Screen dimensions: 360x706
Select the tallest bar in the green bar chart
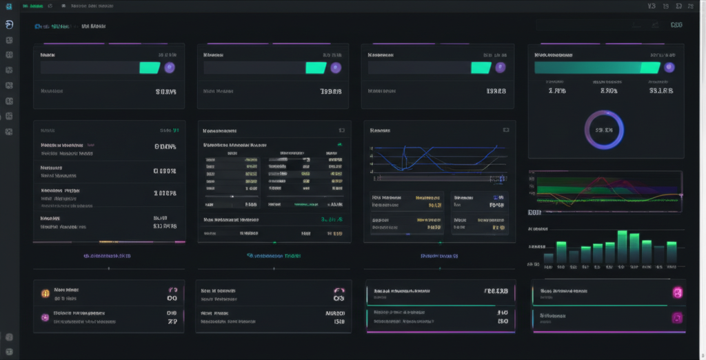(x=622, y=247)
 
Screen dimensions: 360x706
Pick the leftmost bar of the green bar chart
(x=549, y=258)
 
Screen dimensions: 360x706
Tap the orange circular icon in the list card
(x=46, y=292)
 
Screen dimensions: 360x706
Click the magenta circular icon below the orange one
(x=46, y=317)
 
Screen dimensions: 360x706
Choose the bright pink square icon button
(x=677, y=293)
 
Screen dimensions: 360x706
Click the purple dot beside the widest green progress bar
(x=669, y=67)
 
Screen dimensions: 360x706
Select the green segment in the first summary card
(x=150, y=68)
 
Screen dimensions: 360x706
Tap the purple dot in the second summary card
(x=336, y=68)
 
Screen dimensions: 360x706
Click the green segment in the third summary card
(x=481, y=68)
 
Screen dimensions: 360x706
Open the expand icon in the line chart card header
(x=505, y=130)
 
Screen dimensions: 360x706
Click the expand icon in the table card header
(x=341, y=130)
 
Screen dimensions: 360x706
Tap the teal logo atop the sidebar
(x=9, y=25)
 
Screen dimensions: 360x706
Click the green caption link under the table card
(x=274, y=256)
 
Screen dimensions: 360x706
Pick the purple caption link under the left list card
(x=107, y=256)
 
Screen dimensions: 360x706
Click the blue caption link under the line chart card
(x=440, y=256)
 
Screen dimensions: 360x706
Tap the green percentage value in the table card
(x=332, y=219)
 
